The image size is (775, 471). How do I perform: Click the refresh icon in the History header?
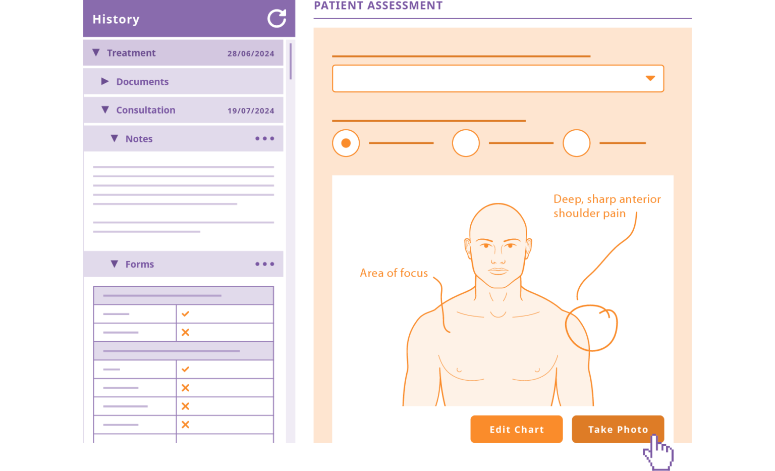(x=276, y=19)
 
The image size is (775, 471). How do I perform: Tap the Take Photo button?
(x=617, y=429)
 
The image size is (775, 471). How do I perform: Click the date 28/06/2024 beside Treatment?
(x=251, y=54)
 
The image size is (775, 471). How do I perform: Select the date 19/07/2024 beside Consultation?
(x=251, y=111)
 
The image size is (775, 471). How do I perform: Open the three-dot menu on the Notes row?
(x=264, y=138)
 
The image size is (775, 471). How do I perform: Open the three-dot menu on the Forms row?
(x=264, y=264)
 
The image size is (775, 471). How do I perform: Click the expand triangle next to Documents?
(x=105, y=81)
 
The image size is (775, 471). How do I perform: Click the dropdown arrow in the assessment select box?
(x=650, y=78)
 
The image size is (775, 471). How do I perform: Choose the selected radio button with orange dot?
(x=346, y=143)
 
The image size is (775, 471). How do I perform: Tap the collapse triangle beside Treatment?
(x=96, y=53)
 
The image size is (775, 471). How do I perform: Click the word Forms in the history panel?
(x=139, y=264)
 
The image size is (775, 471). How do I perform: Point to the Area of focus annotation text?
(x=394, y=273)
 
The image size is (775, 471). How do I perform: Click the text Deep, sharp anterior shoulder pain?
(x=606, y=206)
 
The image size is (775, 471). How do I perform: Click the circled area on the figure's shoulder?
(x=591, y=328)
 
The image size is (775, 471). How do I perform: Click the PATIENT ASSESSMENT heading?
(x=378, y=6)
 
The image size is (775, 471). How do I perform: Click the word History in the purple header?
(x=116, y=19)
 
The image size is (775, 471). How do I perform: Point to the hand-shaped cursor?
(x=658, y=452)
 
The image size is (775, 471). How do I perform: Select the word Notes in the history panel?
(x=139, y=139)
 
